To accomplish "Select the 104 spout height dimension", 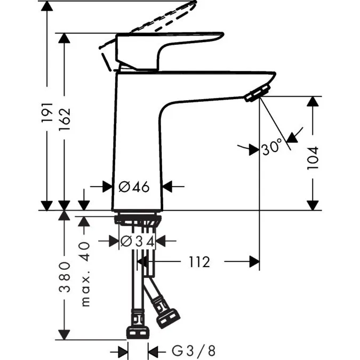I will [313, 157].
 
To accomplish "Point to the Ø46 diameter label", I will [133, 187].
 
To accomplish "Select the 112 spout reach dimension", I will [198, 262].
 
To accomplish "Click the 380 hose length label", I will [65, 278].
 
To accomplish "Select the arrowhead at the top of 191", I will [47, 6].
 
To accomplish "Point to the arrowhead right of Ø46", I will [167, 187].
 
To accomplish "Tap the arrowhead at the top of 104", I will [313, 101].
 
